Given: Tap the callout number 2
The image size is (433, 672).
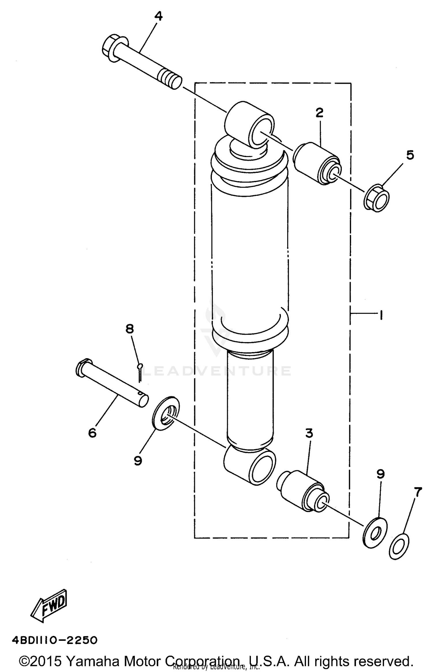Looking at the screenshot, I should [x=320, y=113].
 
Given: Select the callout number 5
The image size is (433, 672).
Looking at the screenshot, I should [x=410, y=155].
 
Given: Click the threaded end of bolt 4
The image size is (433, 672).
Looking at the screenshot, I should [x=171, y=81].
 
